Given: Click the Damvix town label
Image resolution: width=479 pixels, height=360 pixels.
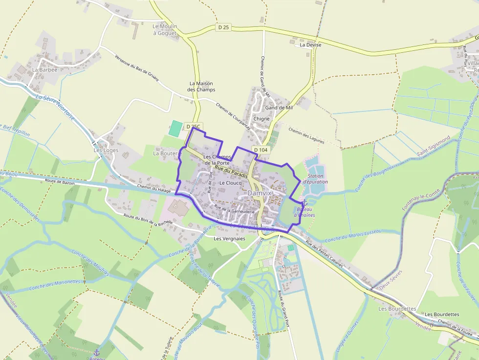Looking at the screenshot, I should (259, 193).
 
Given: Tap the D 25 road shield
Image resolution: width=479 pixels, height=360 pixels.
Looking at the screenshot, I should (222, 27).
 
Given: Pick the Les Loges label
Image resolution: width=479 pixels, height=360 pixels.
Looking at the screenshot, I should (106, 150).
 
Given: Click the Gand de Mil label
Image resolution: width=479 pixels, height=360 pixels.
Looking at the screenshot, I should (278, 107).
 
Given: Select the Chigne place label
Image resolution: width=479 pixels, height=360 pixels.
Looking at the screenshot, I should (261, 119).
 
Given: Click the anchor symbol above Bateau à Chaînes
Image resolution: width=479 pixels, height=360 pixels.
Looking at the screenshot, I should (304, 203).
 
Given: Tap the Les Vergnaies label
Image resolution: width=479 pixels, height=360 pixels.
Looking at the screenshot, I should (229, 238).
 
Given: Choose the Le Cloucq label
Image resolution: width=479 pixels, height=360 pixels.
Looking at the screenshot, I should (231, 183).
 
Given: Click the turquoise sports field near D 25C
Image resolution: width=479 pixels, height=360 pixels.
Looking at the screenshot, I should (174, 128).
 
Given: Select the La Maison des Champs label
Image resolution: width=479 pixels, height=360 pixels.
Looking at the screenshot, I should (202, 86).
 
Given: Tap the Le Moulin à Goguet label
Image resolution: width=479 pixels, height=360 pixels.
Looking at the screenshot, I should (165, 29).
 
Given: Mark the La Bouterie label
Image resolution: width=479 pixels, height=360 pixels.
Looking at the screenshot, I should (167, 153).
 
